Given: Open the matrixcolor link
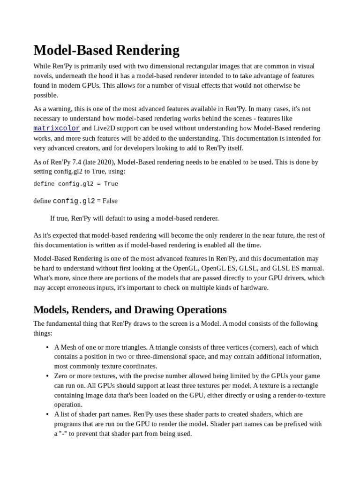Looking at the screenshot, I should pos(56,128).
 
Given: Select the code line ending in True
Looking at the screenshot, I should pos(75,184).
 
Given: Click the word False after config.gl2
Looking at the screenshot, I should pos(110,201).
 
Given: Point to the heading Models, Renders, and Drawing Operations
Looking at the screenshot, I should pos(130,310).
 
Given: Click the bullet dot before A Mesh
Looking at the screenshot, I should pos(48,347).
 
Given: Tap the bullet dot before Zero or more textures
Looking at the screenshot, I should pos(48,376).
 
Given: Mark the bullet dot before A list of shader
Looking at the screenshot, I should pos(48,414).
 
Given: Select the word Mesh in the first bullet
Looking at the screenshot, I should pos(69,347).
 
